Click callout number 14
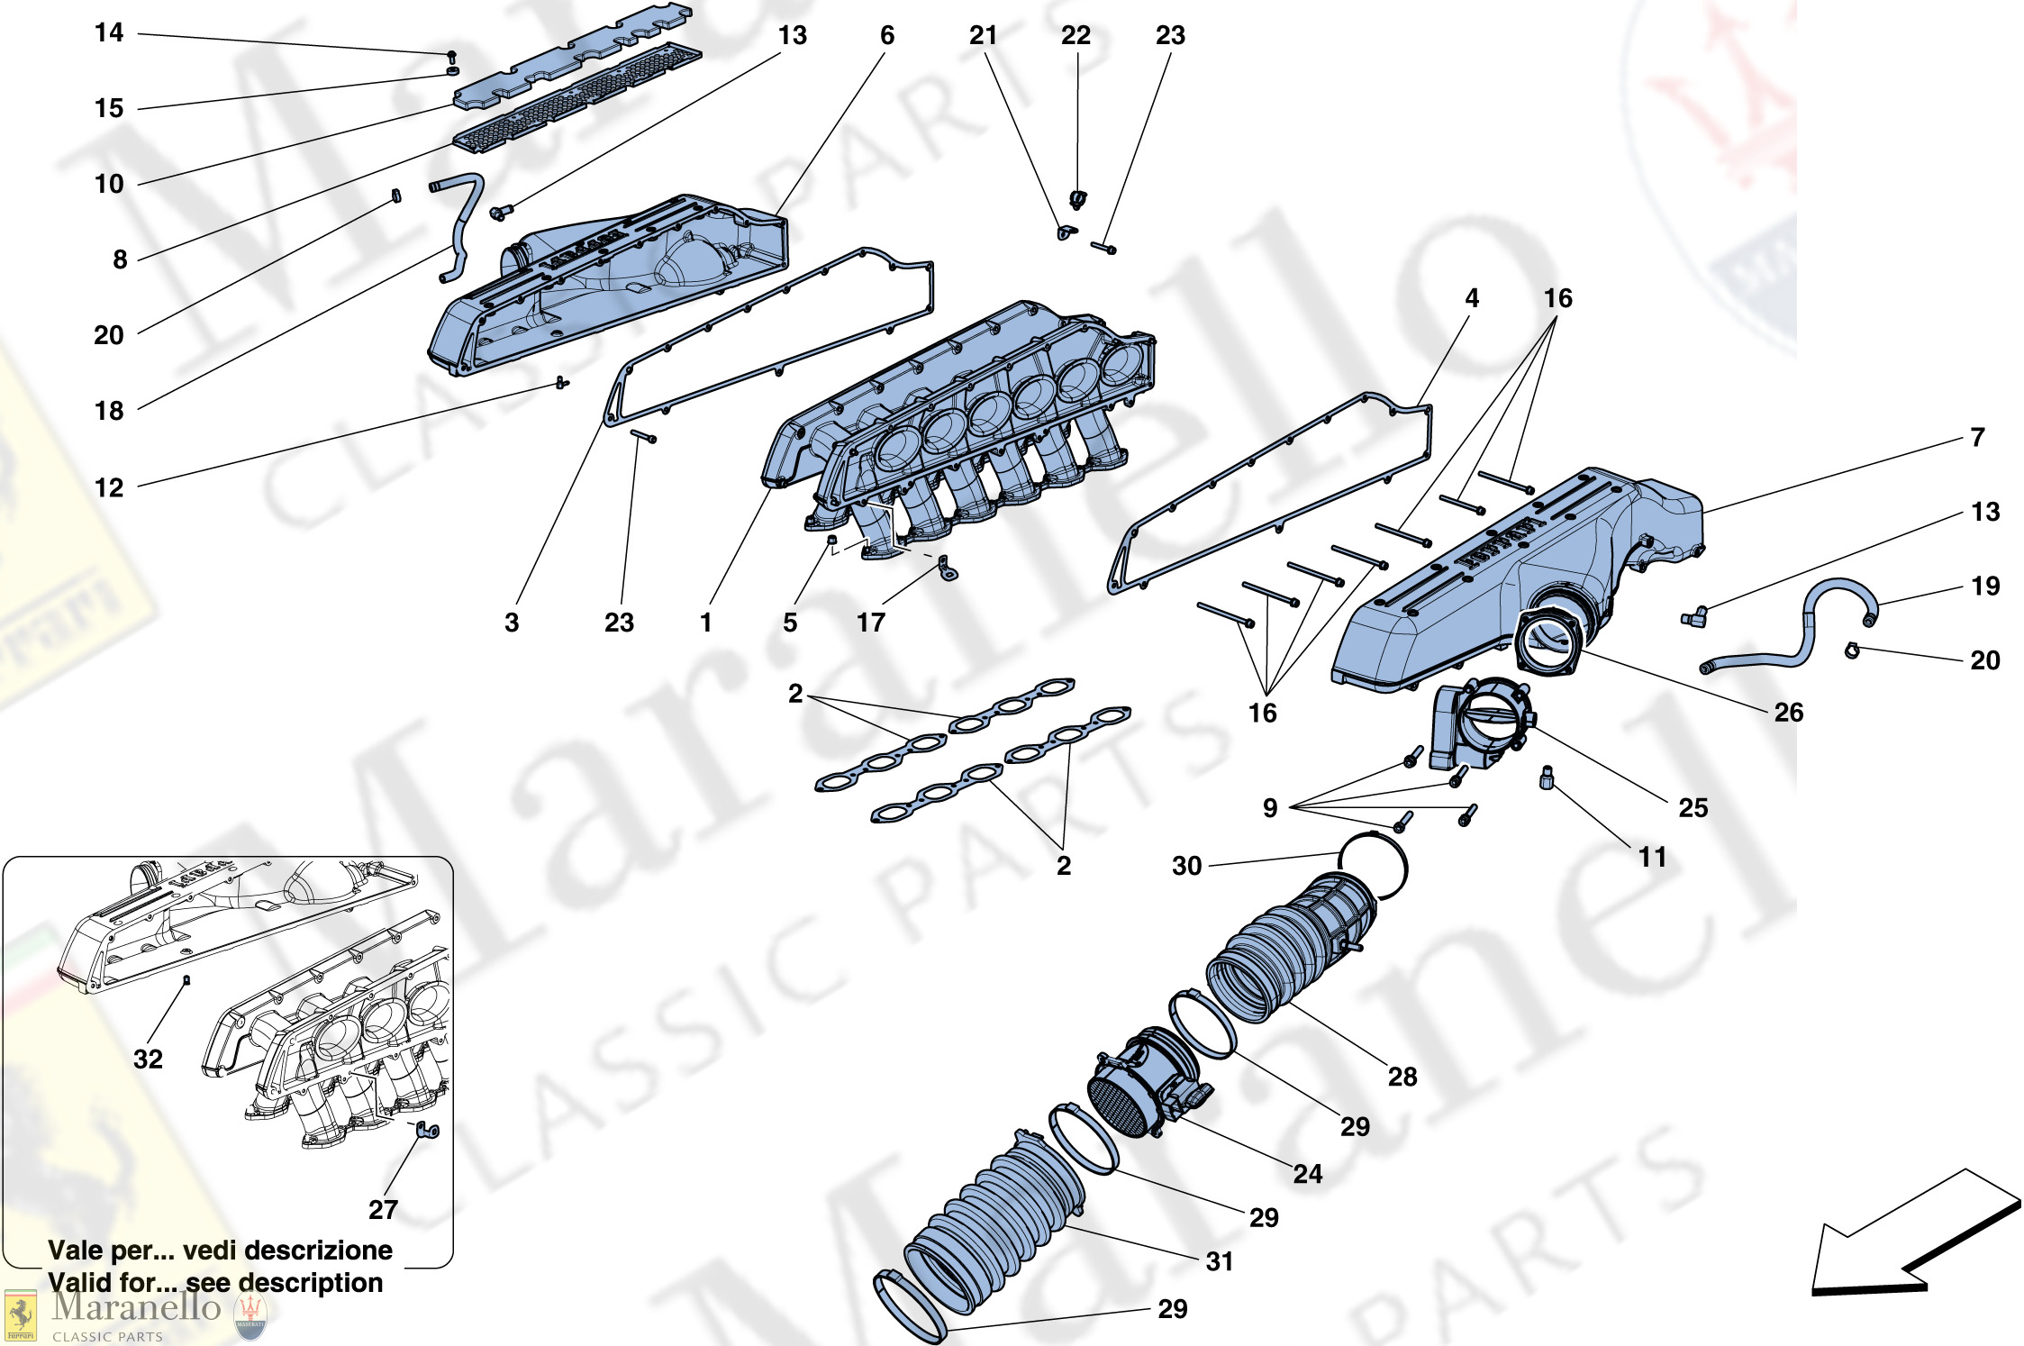109,32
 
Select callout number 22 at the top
1076,35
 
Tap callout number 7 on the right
1978,437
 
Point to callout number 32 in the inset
149,1059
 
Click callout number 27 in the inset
383,1209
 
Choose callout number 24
1308,1173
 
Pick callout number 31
1220,1261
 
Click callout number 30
1187,866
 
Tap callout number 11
1652,857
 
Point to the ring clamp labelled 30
1372,865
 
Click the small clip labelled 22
1077,199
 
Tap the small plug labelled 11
1547,778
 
